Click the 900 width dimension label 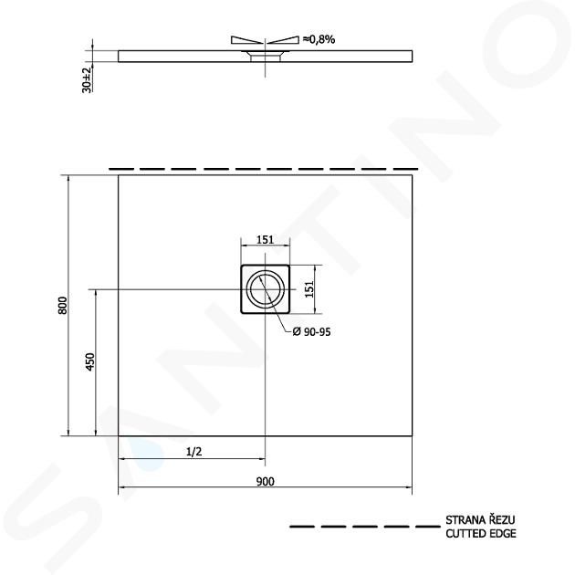pos(265,481)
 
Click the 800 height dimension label pos(63,305)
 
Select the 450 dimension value pos(90,361)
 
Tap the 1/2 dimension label pos(194,452)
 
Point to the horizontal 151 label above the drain pos(265,239)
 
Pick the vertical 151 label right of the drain pos(310,289)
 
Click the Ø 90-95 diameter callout pos(312,332)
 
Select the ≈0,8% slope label pos(319,39)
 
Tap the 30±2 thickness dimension pos(87,80)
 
